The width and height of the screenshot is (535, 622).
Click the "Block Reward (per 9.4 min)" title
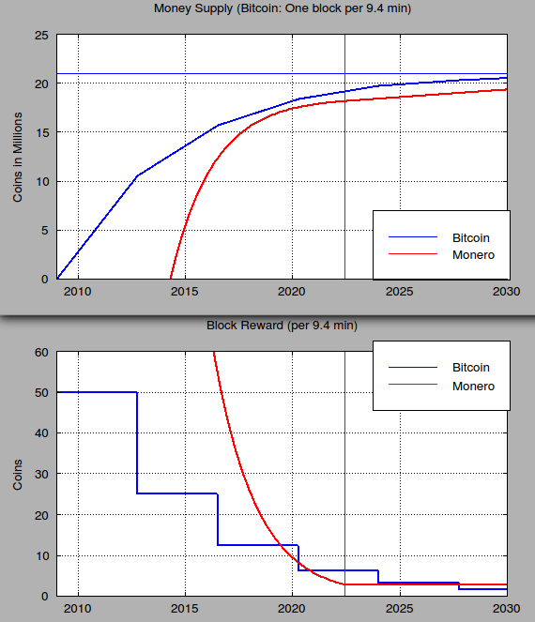tap(282, 326)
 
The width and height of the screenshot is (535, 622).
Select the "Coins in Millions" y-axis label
tap(17, 157)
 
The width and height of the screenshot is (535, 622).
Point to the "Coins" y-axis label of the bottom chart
tap(17, 475)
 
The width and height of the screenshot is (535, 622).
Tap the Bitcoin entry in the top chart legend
tap(471, 238)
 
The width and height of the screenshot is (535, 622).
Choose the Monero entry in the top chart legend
tap(472, 254)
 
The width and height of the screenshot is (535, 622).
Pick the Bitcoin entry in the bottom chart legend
tap(471, 368)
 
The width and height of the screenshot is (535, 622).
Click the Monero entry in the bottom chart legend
tap(472, 386)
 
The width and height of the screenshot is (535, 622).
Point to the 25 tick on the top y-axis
tap(41, 35)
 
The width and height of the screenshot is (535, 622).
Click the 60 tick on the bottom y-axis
tap(41, 353)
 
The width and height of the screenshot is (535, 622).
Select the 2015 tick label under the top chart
tap(185, 293)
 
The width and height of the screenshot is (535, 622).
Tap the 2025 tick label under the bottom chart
tap(400, 610)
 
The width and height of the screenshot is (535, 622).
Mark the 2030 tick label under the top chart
tap(507, 293)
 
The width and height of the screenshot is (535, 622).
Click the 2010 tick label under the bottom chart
tap(78, 610)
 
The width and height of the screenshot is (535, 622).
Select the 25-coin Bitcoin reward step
tap(177, 493)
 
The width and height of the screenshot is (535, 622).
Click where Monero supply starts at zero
tap(171, 278)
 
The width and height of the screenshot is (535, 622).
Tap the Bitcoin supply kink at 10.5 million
tap(138, 175)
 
